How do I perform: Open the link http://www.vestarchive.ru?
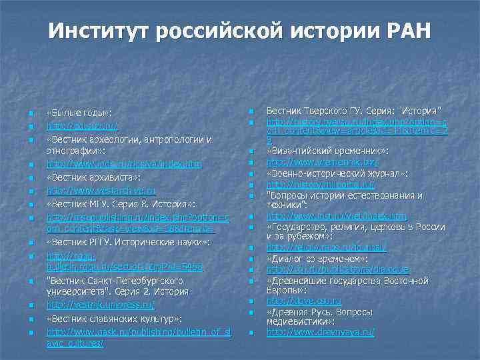click(x=101, y=190)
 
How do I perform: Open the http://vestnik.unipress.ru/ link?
click(x=100, y=305)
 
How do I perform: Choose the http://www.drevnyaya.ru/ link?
click(x=320, y=331)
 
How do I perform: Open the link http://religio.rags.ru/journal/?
click(x=326, y=247)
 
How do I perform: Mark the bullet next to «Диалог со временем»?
click(x=251, y=259)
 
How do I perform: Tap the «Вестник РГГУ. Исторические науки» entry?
click(x=129, y=241)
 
